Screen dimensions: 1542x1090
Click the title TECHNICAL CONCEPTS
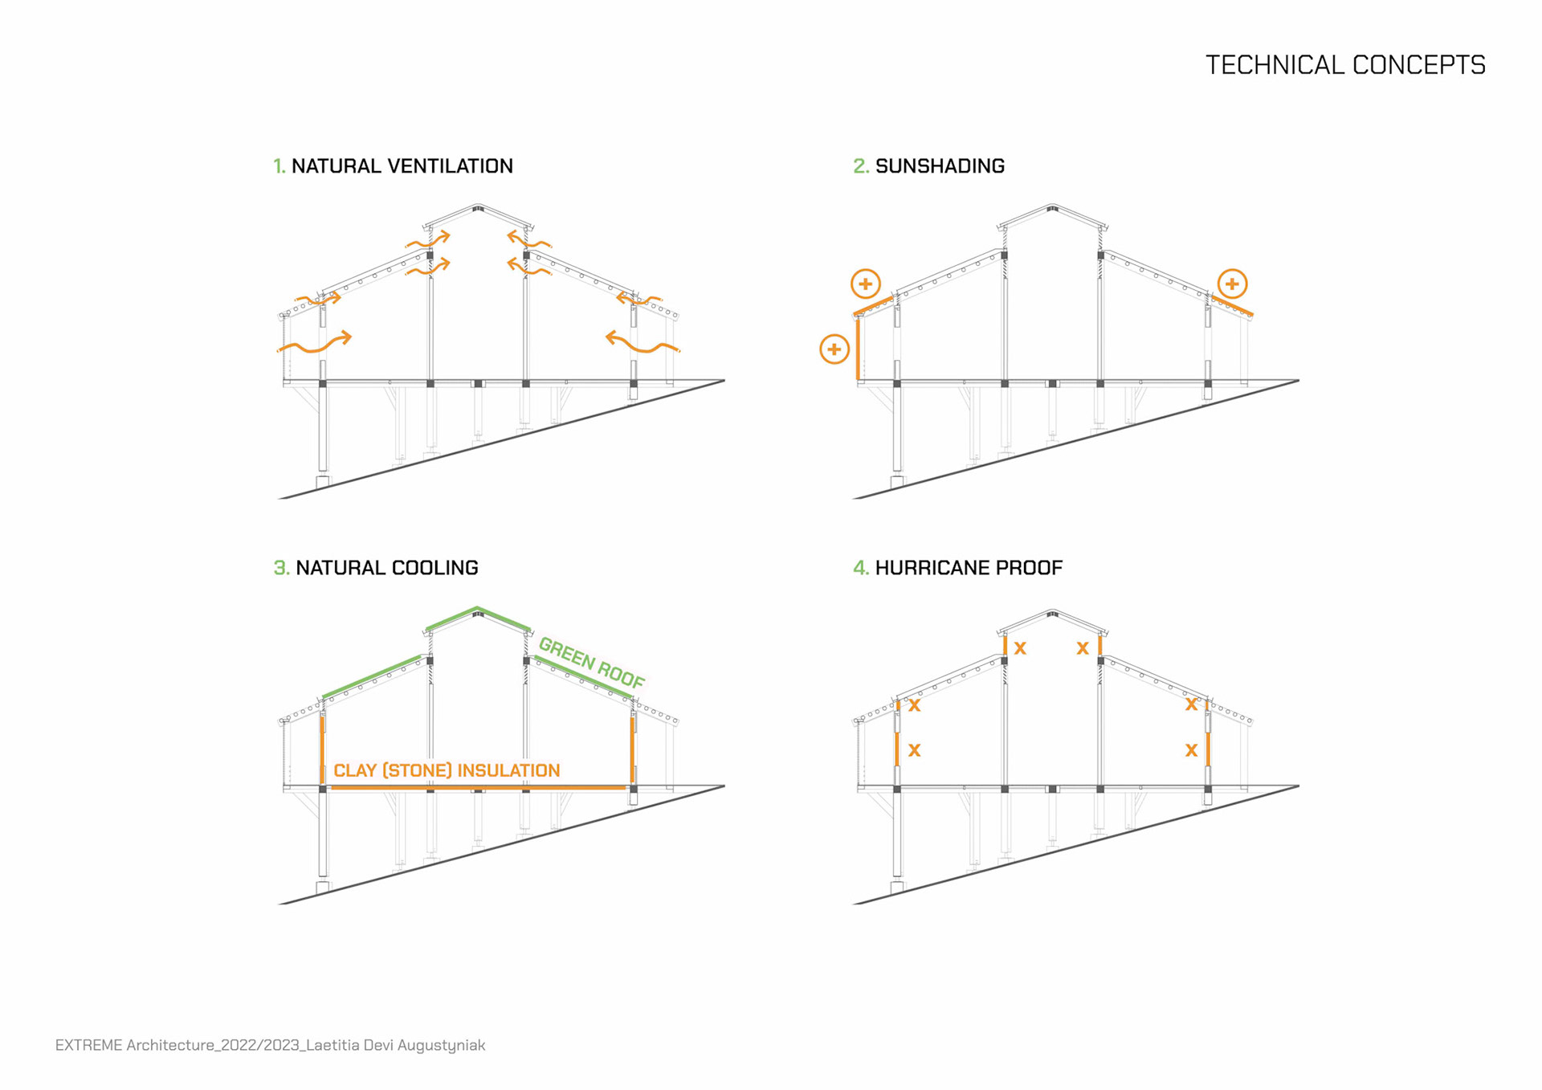(1345, 65)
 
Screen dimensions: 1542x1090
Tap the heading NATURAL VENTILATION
(402, 166)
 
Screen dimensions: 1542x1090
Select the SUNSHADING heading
(940, 166)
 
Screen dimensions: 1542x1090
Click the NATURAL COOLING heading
(386, 568)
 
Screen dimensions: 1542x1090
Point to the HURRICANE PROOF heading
(969, 568)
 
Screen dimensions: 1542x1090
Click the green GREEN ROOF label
(592, 663)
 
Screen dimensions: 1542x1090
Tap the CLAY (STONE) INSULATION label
(447, 770)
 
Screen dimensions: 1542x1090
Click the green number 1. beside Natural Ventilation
(279, 166)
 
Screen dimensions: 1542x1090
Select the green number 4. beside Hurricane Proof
(860, 568)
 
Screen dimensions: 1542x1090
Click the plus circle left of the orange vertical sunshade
(834, 349)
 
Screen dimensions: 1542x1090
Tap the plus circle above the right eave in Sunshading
(1232, 284)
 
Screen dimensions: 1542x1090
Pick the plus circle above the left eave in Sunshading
(865, 284)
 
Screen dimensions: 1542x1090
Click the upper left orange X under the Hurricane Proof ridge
(1020, 647)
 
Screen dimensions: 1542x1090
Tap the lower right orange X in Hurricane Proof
(1191, 750)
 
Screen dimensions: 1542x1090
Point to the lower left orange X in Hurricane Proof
(914, 750)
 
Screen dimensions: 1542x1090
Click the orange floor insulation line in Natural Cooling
(478, 788)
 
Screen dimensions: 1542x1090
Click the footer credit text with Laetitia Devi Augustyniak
(270, 1045)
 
